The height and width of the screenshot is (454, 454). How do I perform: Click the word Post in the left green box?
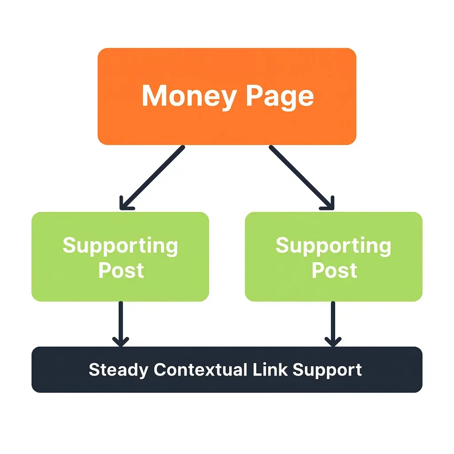(121, 270)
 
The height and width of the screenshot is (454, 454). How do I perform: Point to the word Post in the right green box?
(334, 270)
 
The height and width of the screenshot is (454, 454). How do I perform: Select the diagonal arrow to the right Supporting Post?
(301, 177)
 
